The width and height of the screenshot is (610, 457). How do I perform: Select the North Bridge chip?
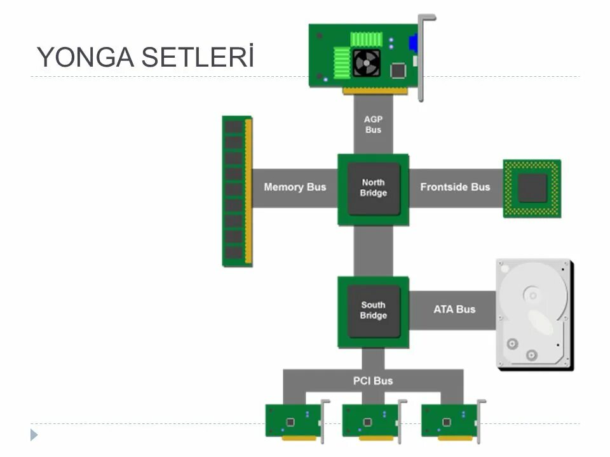click(x=373, y=189)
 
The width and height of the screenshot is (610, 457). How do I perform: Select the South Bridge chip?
click(x=373, y=310)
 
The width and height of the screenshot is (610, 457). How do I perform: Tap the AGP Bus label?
click(x=373, y=124)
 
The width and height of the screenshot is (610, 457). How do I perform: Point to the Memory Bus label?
click(x=295, y=187)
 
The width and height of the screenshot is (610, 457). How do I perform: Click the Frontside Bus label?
click(x=455, y=187)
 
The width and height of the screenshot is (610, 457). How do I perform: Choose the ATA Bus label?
click(x=454, y=310)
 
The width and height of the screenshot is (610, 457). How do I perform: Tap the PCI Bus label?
click(x=373, y=381)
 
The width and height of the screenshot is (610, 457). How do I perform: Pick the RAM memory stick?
click(x=237, y=190)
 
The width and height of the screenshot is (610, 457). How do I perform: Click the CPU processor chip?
click(x=532, y=189)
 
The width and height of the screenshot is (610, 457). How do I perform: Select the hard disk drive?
click(x=534, y=314)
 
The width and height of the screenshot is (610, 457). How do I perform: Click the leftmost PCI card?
click(x=293, y=420)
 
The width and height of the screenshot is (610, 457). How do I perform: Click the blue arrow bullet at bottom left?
click(x=34, y=435)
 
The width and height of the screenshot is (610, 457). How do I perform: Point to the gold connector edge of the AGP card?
click(x=375, y=91)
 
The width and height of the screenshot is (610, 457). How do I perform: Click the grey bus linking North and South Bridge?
click(x=373, y=251)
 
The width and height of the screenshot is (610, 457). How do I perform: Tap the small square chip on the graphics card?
click(x=398, y=70)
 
